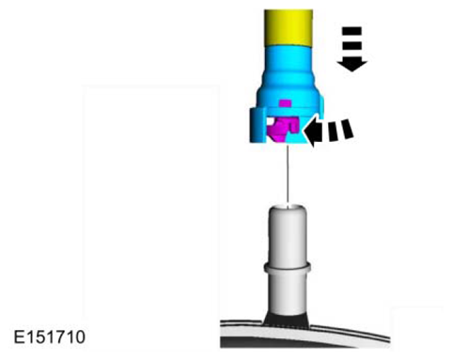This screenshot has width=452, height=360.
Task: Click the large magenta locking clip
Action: click(x=280, y=129)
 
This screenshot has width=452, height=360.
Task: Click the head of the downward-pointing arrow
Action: click(x=352, y=63)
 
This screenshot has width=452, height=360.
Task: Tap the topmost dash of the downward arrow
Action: click(x=351, y=31)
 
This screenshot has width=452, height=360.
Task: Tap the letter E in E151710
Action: click(x=20, y=335)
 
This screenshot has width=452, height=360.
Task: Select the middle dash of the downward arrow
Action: click(x=351, y=42)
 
